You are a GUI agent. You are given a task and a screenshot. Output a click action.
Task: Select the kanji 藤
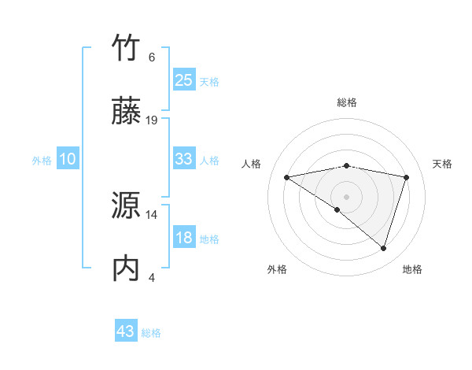[x=127, y=113]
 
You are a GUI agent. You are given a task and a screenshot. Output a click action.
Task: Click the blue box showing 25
[x=183, y=80]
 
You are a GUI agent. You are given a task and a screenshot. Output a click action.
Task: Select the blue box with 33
[x=183, y=159]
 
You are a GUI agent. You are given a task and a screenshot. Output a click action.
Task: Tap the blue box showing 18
[x=183, y=238]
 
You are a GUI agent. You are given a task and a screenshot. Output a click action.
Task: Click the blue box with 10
[x=68, y=159]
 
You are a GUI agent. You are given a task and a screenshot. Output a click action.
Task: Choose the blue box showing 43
[x=126, y=331]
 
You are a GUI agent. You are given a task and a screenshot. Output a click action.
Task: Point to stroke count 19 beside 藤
[x=152, y=120]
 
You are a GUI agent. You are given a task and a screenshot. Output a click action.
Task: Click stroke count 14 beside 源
[x=152, y=214]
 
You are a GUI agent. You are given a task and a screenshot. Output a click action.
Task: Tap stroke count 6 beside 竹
[x=152, y=57]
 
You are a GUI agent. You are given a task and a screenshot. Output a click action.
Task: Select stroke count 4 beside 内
[x=152, y=277]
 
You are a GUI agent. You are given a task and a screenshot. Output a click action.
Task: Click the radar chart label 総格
[x=346, y=103]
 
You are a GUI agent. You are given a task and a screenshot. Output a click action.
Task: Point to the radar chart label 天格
[x=442, y=164]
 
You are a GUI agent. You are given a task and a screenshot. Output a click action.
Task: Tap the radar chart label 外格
[x=277, y=269]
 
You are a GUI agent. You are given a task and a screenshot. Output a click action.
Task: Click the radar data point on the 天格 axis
[x=407, y=177]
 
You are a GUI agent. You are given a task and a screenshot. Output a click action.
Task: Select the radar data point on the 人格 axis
[x=287, y=177]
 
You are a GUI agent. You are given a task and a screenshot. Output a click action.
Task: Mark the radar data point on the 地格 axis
[x=383, y=248]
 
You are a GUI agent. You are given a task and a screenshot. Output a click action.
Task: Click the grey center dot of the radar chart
[x=346, y=196]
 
